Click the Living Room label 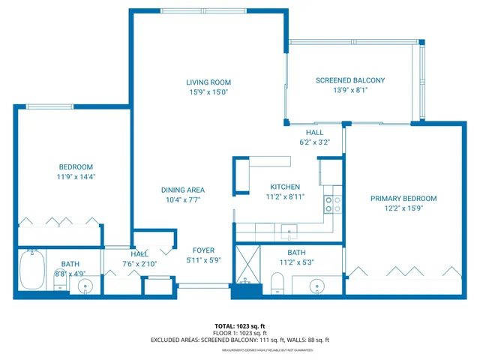pos(208,82)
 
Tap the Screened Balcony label pos(350,80)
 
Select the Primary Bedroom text pos(403,199)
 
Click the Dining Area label pos(182,190)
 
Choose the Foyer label pos(203,250)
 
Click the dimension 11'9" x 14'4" pos(76,177)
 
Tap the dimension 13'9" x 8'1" pos(350,90)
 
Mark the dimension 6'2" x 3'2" pos(314,142)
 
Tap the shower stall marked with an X pos(247,262)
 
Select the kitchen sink pos(288,230)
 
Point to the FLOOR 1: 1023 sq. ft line pos(239,333)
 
